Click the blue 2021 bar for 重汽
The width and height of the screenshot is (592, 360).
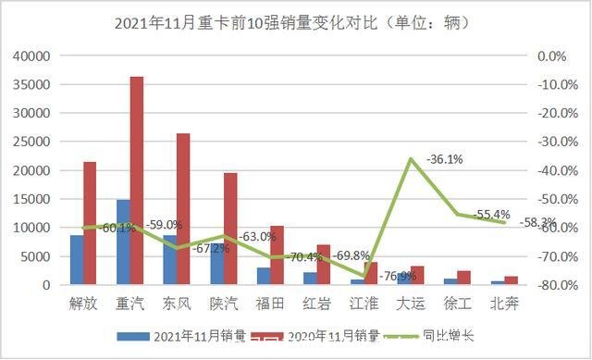coord(123,242)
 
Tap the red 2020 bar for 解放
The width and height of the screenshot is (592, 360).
coord(90,223)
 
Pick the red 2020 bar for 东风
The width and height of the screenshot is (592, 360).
coord(183,209)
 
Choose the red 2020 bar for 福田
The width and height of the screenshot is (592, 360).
coord(277,254)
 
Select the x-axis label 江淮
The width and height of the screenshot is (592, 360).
coord(364,303)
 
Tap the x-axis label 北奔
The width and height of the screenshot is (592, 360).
coord(504,303)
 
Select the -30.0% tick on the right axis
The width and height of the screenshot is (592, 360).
coord(549,142)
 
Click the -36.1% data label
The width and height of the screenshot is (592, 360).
coord(445,159)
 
